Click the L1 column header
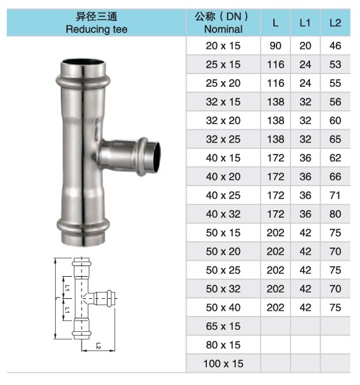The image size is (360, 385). click(305, 23)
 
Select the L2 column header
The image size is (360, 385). click(335, 23)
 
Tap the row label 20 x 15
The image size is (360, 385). click(223, 46)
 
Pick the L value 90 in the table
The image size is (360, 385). click(275, 46)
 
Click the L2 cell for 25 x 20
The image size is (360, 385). click(335, 83)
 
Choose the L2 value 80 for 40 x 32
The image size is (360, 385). click(335, 214)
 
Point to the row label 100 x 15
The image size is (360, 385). click(223, 363)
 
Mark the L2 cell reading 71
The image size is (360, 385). click(335, 196)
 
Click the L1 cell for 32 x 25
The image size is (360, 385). click(306, 139)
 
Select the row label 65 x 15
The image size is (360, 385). click(223, 326)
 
